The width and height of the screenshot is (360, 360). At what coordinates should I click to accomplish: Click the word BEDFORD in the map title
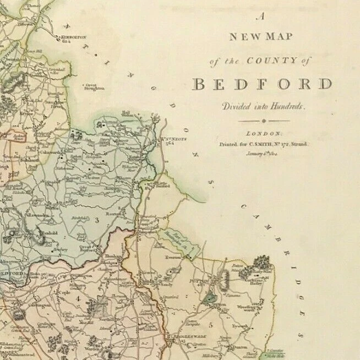point(263,84)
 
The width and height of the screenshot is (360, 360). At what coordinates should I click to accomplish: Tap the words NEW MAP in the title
point(261,37)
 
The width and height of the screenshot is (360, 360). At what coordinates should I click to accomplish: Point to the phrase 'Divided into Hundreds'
point(263,106)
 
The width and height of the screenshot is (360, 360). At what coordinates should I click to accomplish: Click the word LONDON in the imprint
point(263,134)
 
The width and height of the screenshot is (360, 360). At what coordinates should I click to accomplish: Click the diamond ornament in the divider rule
point(264,121)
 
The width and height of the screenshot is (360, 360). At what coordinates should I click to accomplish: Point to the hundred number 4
point(78,299)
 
